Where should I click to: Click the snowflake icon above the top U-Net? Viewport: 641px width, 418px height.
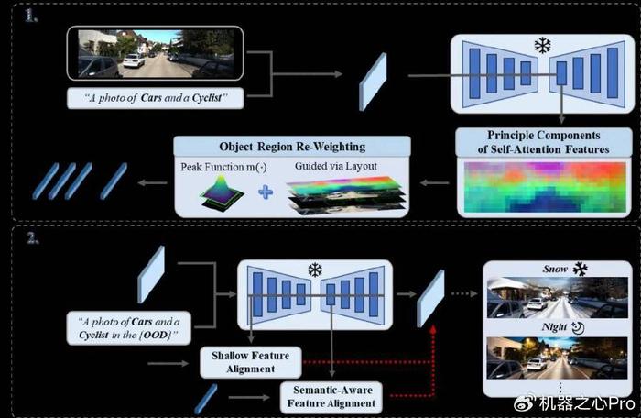click(542, 46)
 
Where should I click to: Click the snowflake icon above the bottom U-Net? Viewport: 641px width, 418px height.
click(315, 269)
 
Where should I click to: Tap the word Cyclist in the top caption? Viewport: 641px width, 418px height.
click(207, 98)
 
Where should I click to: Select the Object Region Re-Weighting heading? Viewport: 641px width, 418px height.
click(292, 147)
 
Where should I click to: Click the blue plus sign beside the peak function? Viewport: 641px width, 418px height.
click(266, 192)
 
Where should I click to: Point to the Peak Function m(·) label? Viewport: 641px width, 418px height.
click(223, 167)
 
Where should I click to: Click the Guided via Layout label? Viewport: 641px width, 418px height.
click(336, 166)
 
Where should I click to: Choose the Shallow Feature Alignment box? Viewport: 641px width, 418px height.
click(251, 362)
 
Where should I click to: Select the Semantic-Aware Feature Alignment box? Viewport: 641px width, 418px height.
click(331, 397)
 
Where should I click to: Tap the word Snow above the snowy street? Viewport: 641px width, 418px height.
click(555, 269)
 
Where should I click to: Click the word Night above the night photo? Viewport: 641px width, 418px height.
click(554, 326)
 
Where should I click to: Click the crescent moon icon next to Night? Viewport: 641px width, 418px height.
click(578, 327)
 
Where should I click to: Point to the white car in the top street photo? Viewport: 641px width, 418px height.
click(134, 61)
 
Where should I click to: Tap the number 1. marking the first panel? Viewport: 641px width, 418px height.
click(31, 16)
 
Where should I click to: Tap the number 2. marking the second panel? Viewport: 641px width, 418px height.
click(33, 237)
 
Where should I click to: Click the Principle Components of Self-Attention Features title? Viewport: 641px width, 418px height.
click(543, 142)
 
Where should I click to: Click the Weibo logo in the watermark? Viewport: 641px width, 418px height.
click(525, 403)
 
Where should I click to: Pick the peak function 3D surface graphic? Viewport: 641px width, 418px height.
click(222, 193)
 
